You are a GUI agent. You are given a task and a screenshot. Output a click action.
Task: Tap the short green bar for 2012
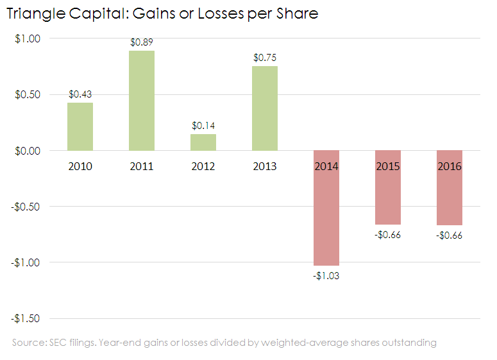[x=203, y=142]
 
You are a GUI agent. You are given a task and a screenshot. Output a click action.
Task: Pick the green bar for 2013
[x=265, y=108]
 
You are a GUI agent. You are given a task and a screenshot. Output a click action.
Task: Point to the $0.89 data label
[x=141, y=42]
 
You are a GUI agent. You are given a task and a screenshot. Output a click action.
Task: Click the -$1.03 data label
[x=326, y=276]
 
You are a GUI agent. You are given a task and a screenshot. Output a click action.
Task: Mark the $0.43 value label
[x=80, y=94]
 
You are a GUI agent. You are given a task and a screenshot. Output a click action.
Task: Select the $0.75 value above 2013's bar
[x=265, y=58]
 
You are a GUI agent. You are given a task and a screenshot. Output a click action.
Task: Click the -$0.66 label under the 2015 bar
[x=387, y=235]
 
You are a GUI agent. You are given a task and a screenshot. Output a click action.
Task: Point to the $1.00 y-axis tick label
[x=28, y=39]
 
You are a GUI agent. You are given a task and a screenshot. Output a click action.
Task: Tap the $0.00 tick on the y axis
[x=28, y=151]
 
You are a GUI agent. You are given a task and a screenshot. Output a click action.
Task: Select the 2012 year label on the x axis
[x=203, y=166]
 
